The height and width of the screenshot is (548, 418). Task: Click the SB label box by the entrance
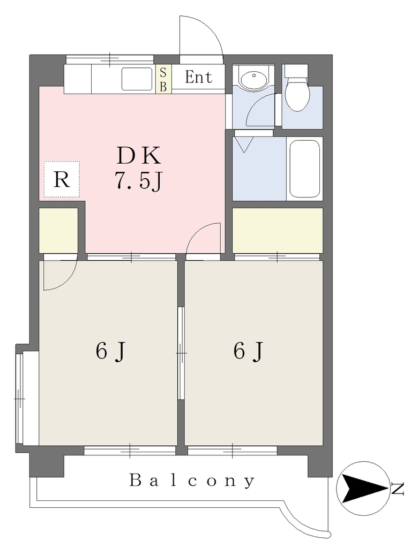(x=163, y=79)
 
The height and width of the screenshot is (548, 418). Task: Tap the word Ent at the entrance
(x=198, y=77)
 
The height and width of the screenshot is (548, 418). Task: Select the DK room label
(x=139, y=156)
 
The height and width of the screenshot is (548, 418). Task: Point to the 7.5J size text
(x=138, y=181)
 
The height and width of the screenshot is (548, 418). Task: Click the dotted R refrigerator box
(x=62, y=179)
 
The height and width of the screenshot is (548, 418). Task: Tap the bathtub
(x=304, y=169)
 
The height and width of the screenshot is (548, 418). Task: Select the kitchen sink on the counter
(x=137, y=79)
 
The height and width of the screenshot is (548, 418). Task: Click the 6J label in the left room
(x=110, y=351)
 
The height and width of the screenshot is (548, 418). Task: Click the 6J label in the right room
(x=248, y=351)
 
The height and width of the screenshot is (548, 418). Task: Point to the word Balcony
(x=192, y=481)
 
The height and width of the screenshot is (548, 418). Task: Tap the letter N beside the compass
(x=397, y=489)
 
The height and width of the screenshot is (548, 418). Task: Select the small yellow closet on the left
(x=58, y=230)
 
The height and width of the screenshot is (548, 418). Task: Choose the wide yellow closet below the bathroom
(x=277, y=230)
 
